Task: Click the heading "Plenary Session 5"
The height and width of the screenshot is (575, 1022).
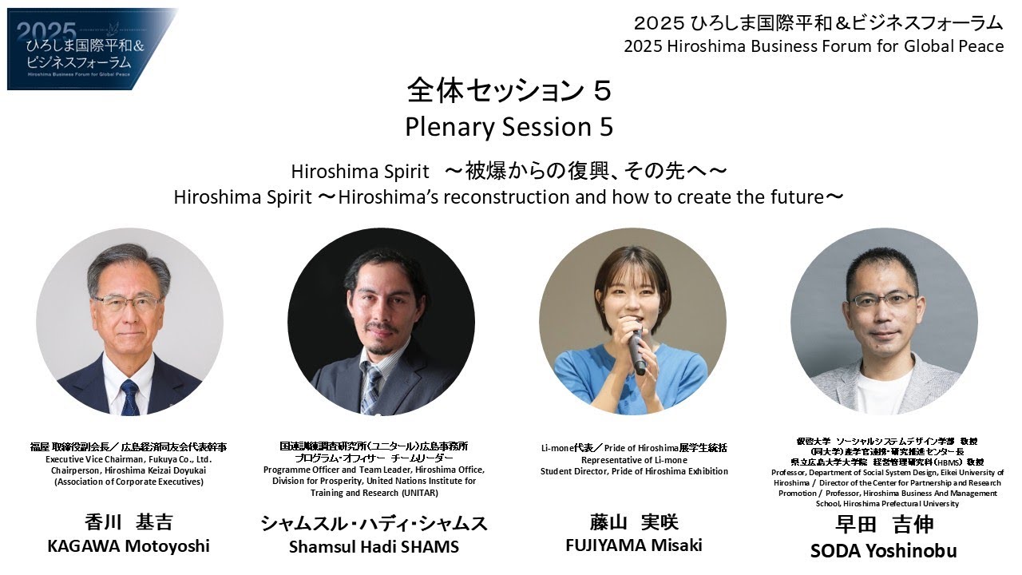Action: click(509, 126)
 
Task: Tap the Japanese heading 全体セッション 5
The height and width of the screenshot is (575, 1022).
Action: click(509, 90)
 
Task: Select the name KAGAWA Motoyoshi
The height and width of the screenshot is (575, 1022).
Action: click(129, 546)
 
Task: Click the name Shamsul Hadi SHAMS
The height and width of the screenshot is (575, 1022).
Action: click(374, 547)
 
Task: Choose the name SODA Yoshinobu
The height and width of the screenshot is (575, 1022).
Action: click(883, 551)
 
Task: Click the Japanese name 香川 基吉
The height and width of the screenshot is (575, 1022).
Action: click(129, 523)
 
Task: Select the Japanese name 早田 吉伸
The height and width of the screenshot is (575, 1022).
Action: click(883, 525)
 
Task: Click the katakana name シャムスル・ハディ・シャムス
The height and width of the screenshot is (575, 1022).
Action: click(374, 524)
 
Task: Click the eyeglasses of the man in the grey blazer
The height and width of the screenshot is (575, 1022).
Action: click(883, 300)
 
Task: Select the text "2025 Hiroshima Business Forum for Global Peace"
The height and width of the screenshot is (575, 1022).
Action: click(814, 46)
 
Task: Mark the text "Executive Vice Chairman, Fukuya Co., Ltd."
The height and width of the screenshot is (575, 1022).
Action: click(129, 459)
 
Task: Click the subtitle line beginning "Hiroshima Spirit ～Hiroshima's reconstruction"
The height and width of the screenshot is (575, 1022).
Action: click(509, 197)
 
